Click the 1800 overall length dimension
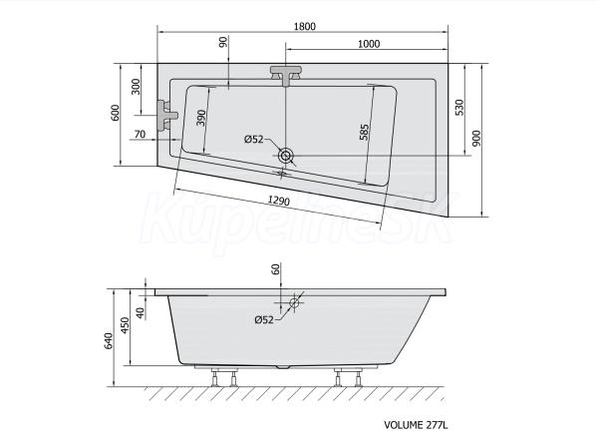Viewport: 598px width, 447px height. pos(305,26)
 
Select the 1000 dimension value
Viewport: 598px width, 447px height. pos(369,44)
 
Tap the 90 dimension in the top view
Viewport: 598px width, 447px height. pos(223,41)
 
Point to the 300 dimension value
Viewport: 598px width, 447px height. pos(136,87)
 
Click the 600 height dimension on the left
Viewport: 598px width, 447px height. pos(115,113)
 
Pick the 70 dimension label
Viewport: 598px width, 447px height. pos(140,134)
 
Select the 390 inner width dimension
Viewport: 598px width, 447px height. pos(201,118)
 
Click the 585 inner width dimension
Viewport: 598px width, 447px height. pos(364,132)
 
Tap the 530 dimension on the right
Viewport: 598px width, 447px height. pos(459,108)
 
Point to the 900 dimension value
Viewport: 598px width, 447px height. pos(476,139)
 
